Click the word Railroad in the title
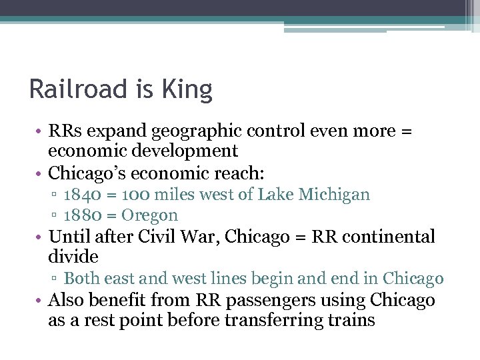82,89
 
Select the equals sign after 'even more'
405,131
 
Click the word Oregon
150,215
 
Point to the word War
197,237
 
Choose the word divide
73,256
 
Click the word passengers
239,299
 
